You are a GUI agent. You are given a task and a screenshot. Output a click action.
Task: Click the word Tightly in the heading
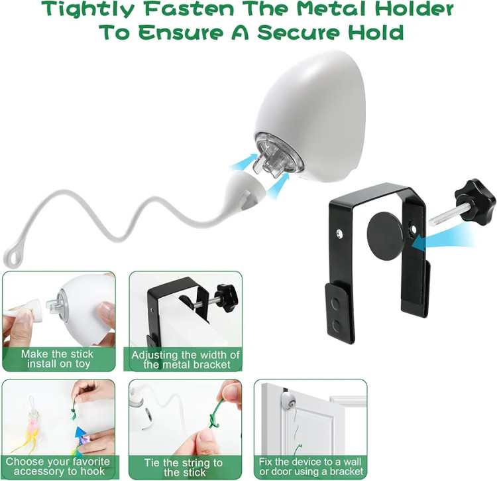click(x=88, y=10)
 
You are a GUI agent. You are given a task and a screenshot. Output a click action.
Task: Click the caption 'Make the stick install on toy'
click(x=58, y=358)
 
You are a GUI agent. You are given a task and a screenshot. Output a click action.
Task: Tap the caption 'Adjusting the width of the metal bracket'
click(x=186, y=360)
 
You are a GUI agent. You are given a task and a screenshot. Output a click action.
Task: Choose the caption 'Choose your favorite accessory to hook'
click(x=58, y=466)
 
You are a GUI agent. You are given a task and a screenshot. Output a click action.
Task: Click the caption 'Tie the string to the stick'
click(x=184, y=467)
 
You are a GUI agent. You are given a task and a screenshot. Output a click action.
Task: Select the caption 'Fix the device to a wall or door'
click(x=311, y=466)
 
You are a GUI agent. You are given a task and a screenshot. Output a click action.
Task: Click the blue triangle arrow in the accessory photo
click(x=81, y=433)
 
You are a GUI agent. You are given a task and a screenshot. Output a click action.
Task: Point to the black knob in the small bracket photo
click(x=227, y=294)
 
